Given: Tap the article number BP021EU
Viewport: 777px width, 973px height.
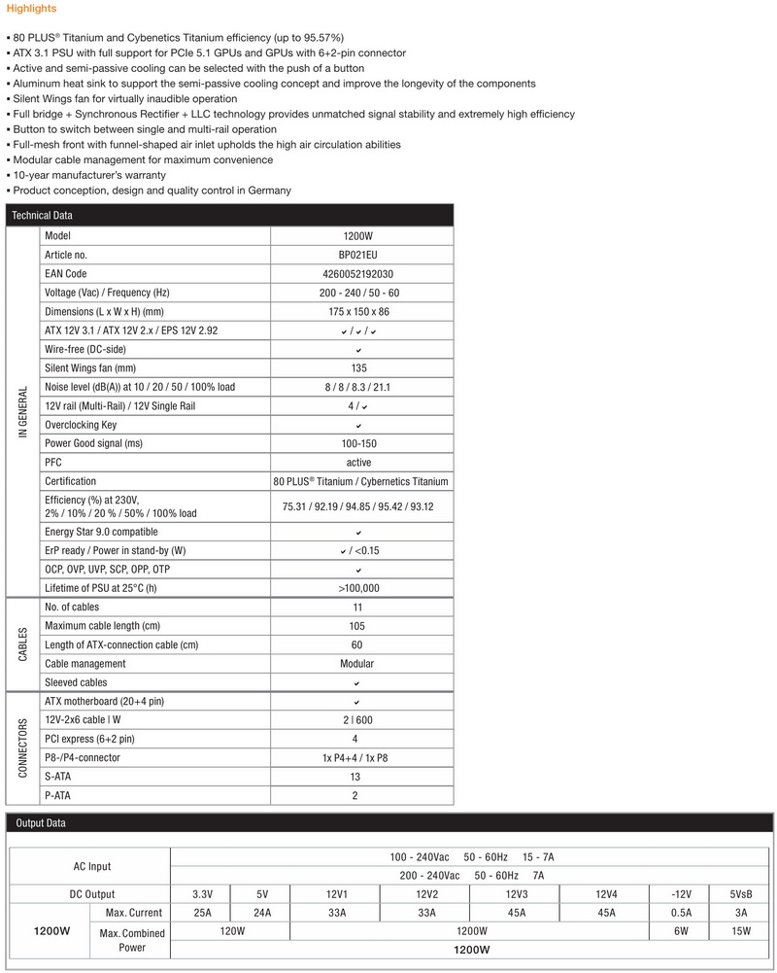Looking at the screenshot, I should coord(358,255).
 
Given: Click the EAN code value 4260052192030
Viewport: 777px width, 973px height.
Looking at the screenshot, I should coord(358,274).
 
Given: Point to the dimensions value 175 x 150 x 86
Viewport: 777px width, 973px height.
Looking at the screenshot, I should coord(358,312).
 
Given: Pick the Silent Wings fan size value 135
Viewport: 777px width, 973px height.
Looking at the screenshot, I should coord(358,368).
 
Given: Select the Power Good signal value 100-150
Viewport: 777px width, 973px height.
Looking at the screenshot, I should coord(358,443).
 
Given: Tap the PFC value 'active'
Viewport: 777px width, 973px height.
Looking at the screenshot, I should coord(358,463).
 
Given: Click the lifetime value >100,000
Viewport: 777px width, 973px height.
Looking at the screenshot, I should coord(358,588).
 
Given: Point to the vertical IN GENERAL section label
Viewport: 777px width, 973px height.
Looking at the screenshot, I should coord(23,411).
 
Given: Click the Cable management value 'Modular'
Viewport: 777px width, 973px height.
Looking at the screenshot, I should coord(358,664).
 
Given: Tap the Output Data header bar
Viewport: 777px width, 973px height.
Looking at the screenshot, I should coord(41,823).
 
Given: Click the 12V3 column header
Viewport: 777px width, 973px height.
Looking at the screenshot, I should coord(516,894).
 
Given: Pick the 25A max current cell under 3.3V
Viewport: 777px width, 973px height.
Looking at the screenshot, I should coord(201,913).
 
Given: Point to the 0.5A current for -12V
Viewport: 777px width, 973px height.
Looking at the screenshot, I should coord(681,913).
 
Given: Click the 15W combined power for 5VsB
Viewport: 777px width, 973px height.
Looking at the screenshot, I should coord(741,931).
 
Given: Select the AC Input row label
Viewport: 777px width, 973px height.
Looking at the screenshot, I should coord(92,866).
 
